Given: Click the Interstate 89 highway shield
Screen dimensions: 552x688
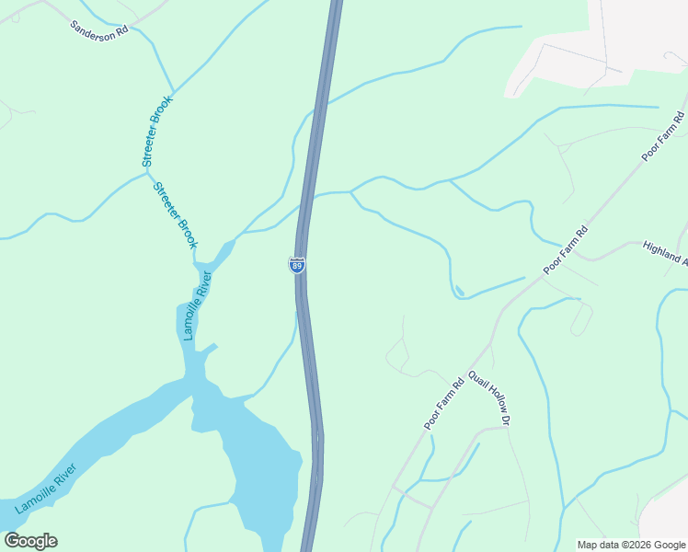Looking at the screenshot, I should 297,265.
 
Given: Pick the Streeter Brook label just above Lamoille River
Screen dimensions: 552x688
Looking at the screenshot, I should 175,214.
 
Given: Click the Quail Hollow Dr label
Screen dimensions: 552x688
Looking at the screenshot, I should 488,398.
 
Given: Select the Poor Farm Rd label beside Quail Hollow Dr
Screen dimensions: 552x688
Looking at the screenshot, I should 444,403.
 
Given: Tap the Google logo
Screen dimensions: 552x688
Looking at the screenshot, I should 30,541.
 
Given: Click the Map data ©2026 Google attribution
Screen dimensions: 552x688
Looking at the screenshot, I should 631,545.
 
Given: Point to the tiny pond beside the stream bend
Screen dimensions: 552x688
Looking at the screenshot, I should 459,292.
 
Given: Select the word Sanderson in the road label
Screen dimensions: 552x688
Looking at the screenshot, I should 88,26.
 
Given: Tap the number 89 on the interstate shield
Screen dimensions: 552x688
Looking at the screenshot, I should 297,266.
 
